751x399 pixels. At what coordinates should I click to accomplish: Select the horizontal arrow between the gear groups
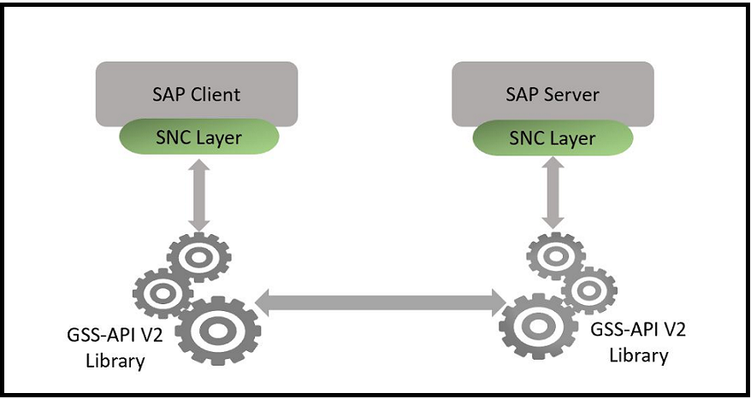[x=381, y=299]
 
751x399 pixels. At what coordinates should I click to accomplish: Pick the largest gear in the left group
[x=218, y=330]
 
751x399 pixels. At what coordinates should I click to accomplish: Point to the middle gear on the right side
[x=588, y=290]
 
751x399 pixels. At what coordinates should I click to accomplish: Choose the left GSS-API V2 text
[x=115, y=337]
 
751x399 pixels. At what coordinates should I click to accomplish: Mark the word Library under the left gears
[x=115, y=361]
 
